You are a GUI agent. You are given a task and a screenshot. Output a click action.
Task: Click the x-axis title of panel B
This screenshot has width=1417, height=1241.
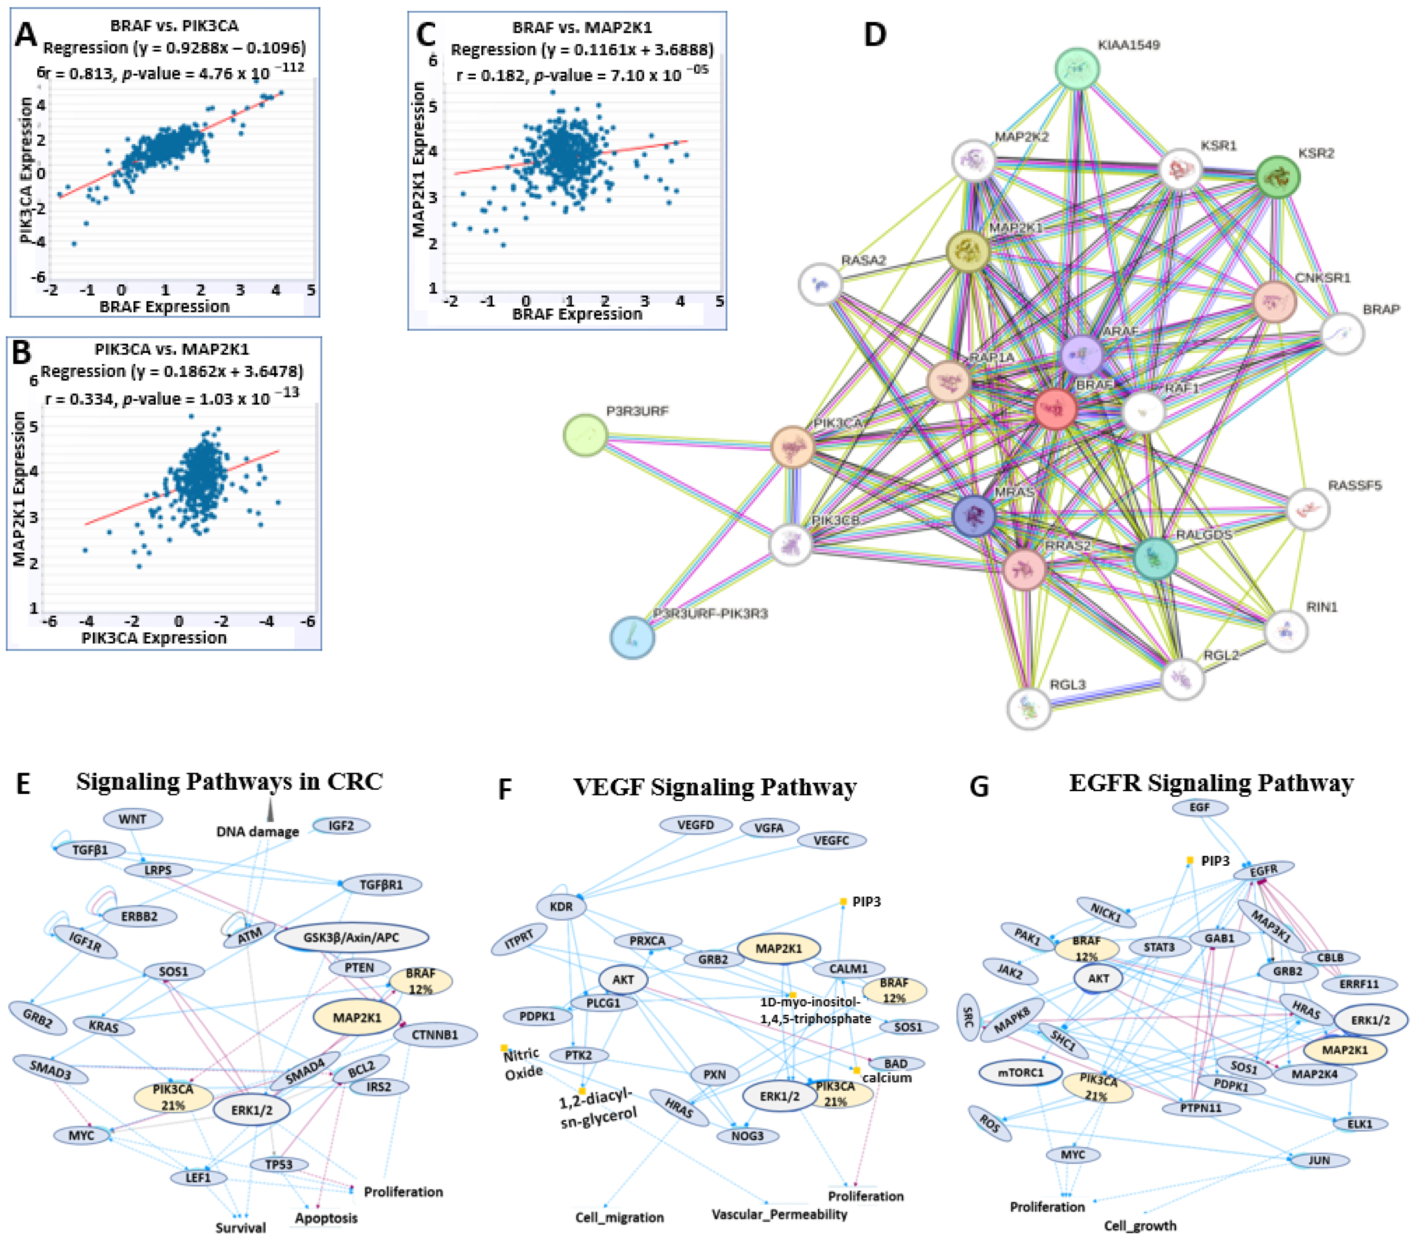point(154,638)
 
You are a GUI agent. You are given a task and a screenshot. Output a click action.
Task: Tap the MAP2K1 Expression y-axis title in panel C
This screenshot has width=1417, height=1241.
point(419,159)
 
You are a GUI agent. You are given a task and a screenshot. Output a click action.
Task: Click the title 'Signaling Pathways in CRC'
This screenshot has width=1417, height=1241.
point(229,781)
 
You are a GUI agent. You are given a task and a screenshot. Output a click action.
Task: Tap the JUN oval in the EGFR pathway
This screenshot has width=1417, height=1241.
point(1318,1160)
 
